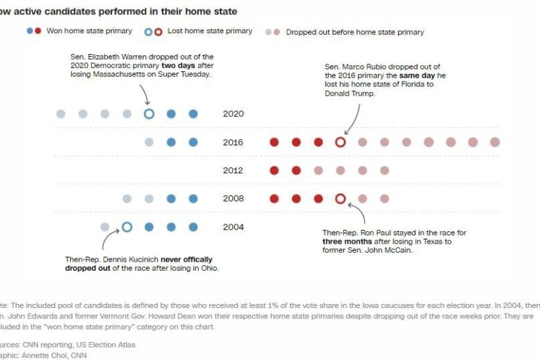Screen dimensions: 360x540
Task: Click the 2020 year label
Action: click(x=233, y=114)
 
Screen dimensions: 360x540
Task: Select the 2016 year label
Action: click(x=233, y=143)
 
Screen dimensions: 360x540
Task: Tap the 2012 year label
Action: click(x=233, y=170)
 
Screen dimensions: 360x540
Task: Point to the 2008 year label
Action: click(x=233, y=199)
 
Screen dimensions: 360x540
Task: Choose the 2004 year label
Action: click(x=233, y=227)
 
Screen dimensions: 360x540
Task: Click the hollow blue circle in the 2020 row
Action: click(x=149, y=114)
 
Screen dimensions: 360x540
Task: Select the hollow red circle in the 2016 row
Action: click(x=340, y=143)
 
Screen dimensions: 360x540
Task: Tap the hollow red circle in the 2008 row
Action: click(x=340, y=199)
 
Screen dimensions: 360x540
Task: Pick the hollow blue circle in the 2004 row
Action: click(x=127, y=227)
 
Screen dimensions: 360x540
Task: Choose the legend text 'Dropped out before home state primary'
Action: click(x=354, y=32)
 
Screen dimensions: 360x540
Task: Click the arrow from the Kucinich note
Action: click(x=107, y=241)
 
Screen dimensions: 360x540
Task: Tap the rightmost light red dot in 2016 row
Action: click(x=494, y=143)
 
